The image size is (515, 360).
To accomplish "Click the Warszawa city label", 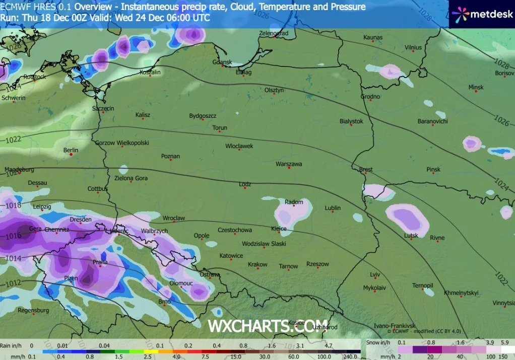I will [289, 164].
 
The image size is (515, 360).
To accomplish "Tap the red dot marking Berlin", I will [71, 155].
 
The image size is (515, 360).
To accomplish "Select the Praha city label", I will [86, 262].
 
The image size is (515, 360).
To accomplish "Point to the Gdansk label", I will [222, 62].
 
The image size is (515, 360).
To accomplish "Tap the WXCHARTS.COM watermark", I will [268, 326].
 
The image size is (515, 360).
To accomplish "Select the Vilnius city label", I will [413, 47].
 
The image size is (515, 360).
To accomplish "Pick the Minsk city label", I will [476, 87].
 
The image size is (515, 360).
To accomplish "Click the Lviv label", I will [374, 274].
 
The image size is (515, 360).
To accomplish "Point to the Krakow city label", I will [257, 264].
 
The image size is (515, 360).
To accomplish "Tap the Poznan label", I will [170, 156].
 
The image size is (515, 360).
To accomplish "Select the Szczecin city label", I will [103, 108].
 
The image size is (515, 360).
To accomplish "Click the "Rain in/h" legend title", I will [11, 345].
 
